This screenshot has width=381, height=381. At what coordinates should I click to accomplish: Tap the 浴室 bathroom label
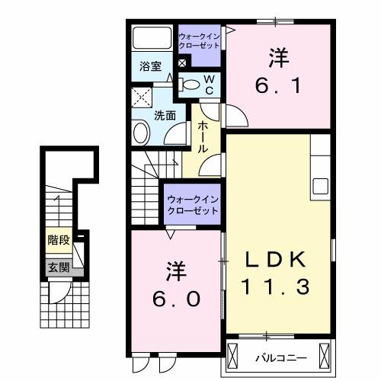(149, 66)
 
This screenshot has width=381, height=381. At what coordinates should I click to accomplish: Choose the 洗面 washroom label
(165, 115)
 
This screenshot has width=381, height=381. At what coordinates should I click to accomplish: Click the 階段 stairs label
(59, 240)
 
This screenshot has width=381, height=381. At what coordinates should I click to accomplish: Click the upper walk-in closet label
(199, 40)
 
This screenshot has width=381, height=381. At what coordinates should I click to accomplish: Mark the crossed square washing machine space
(141, 97)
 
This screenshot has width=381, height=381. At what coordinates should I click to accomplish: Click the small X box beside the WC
(182, 62)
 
